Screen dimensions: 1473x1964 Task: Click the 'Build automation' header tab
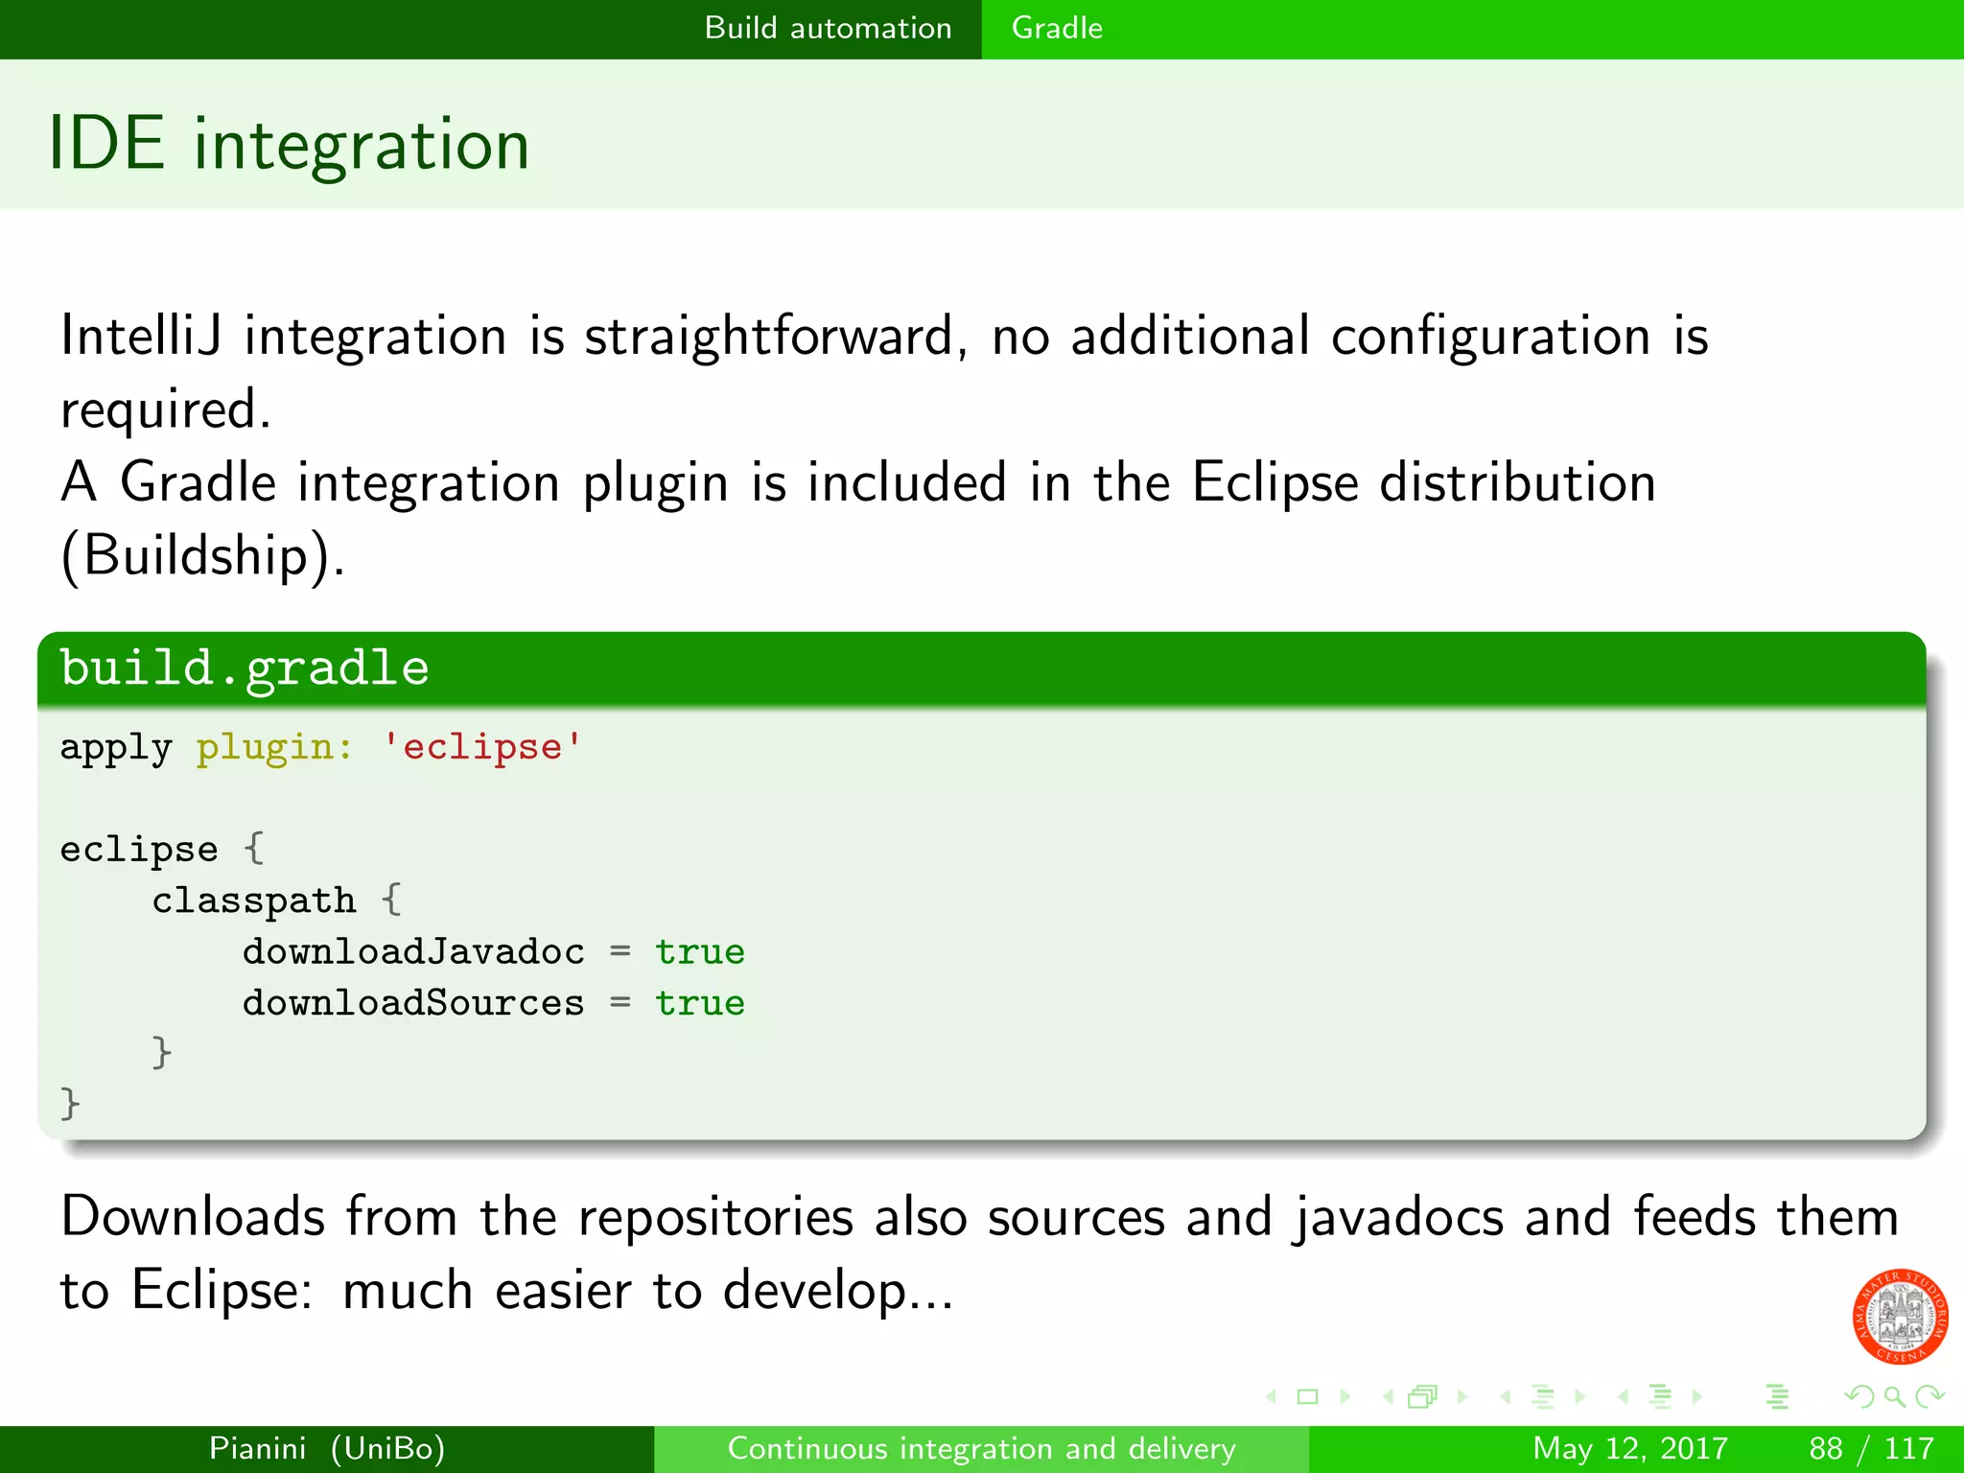click(828, 28)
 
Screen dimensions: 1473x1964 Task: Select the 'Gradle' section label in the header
click(1057, 28)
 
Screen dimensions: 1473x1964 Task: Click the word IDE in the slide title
click(105, 144)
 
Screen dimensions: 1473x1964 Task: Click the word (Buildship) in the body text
click(202, 555)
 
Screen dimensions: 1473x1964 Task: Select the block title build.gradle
click(245, 667)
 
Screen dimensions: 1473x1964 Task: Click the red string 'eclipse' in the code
click(482, 747)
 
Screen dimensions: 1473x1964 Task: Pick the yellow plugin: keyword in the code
click(274, 748)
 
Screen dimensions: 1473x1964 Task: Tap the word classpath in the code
click(253, 900)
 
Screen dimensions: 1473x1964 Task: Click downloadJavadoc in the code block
click(413, 951)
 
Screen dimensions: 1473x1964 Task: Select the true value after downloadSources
click(700, 1003)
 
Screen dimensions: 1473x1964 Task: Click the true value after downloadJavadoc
click(700, 951)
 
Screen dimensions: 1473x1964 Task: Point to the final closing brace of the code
click(70, 1103)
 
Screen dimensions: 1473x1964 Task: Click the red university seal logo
click(1899, 1316)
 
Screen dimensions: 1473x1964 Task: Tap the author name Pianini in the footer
click(257, 1448)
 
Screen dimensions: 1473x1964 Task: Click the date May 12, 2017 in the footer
click(1629, 1448)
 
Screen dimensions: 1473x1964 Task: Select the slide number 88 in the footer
click(1826, 1448)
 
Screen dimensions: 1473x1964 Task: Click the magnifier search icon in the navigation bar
click(1894, 1396)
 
